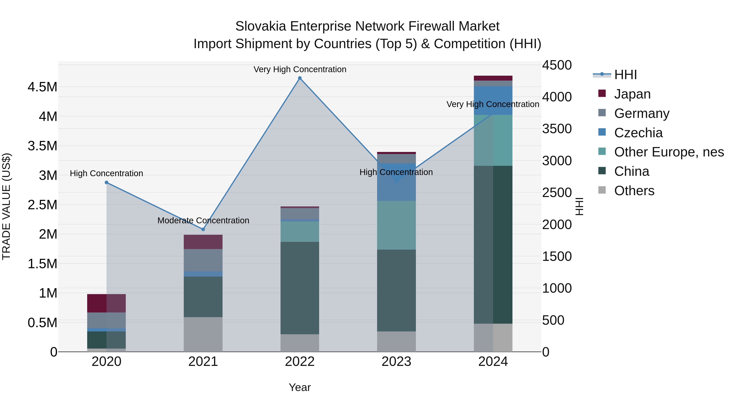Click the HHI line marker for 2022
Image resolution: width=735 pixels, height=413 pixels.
tap(300, 78)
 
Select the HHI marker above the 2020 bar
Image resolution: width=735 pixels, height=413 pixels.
tap(106, 182)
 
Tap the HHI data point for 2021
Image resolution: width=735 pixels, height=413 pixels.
tap(203, 229)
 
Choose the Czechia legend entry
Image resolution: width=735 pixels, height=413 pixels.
tap(638, 133)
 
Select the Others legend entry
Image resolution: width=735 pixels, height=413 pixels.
tap(634, 191)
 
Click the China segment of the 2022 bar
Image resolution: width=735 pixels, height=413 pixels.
tap(300, 288)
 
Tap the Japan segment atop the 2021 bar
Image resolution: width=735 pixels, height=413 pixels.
tap(203, 242)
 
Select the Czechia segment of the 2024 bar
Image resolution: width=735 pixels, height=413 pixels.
tap(493, 101)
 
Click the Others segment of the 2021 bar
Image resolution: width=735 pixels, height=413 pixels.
tap(203, 334)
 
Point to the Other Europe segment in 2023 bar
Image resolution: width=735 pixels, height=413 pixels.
tap(396, 225)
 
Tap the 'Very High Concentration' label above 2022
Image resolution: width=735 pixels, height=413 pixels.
tap(300, 69)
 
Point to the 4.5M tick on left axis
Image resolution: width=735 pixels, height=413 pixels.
tap(42, 87)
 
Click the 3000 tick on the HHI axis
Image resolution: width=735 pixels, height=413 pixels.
tap(557, 161)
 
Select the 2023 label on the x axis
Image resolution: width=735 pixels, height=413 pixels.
tap(396, 362)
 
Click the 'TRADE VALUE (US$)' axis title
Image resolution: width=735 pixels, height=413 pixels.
tap(6, 206)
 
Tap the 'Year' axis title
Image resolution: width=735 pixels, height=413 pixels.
tap(300, 387)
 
